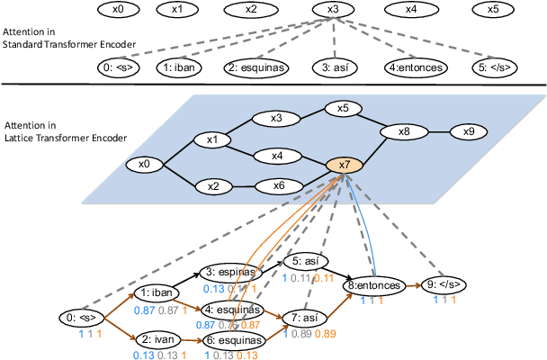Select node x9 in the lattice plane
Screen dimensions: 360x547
[468, 132]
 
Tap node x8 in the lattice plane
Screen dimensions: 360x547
[404, 132]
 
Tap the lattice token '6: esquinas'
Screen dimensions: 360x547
[235, 340]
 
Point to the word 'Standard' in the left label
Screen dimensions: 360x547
[22, 44]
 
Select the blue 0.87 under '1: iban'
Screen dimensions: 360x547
[144, 310]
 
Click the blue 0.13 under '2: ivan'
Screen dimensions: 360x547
[144, 356]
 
